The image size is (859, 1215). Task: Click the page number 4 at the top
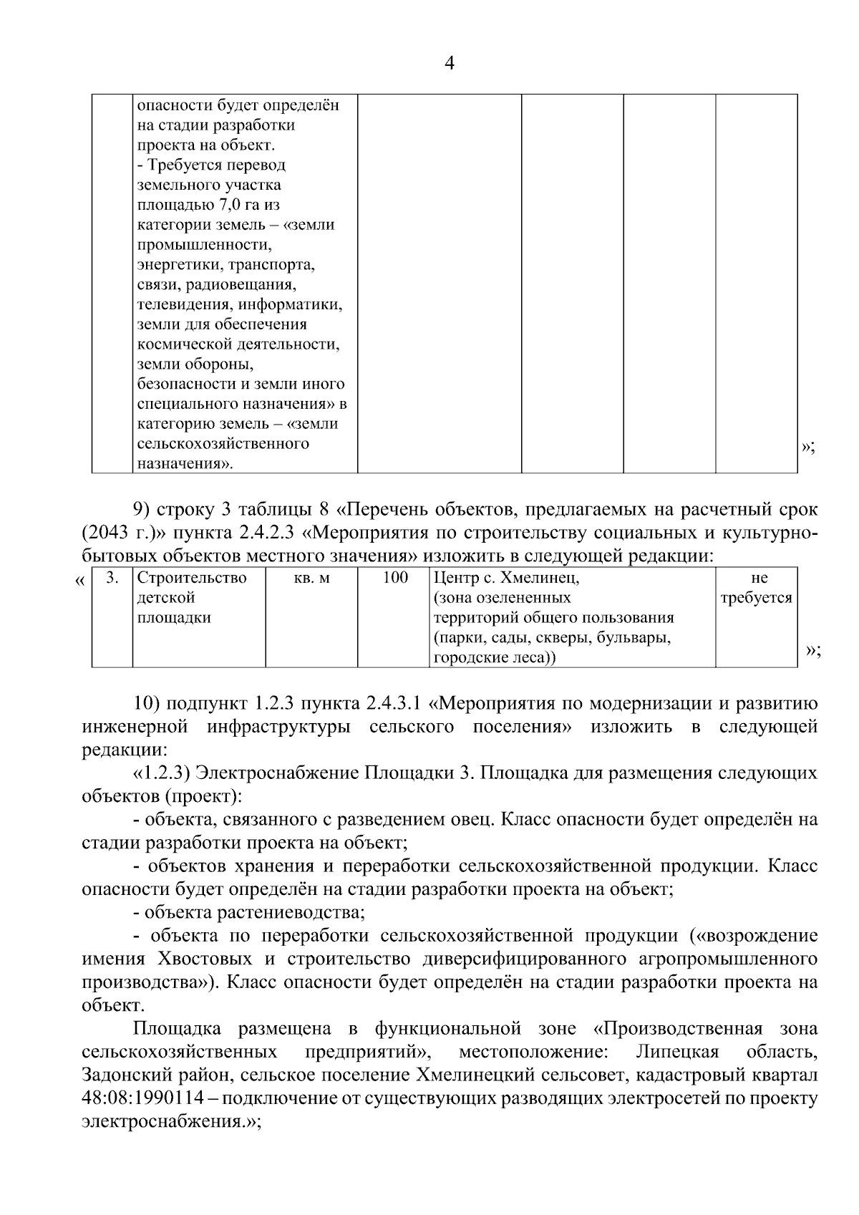tap(450, 64)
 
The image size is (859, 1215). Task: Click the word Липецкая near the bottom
tap(676, 1052)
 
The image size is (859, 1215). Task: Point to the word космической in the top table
tap(178, 344)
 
